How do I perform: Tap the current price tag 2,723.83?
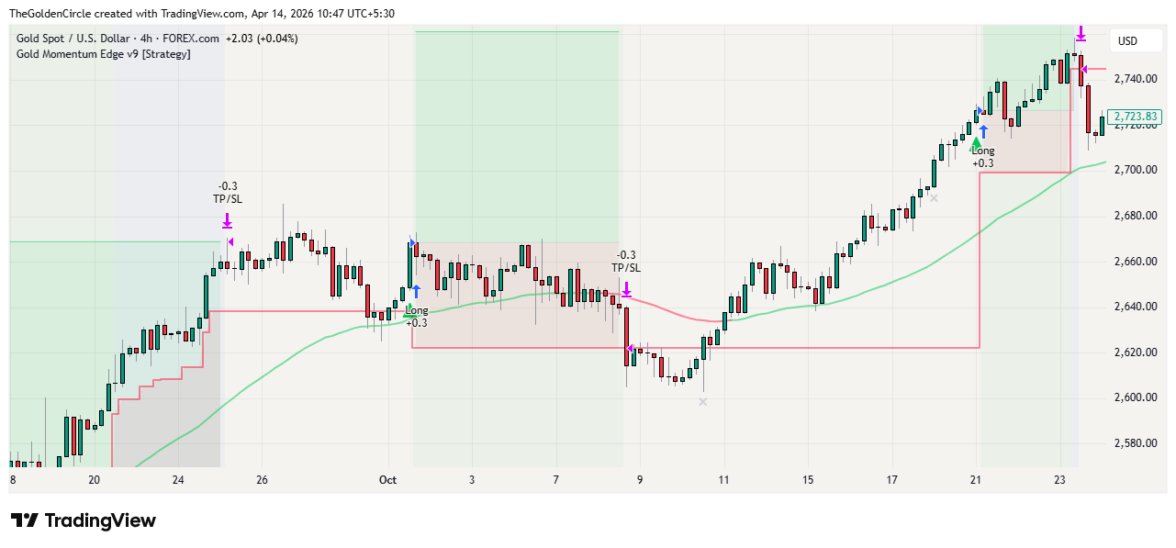point(1136,117)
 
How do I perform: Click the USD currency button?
point(1127,41)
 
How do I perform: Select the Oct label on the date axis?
point(387,480)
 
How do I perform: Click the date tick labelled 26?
point(262,480)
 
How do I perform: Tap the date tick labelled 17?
point(891,480)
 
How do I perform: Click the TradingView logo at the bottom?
point(84,520)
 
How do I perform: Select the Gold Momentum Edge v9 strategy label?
point(103,54)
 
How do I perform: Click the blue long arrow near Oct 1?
point(416,291)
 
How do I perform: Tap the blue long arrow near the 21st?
point(983,131)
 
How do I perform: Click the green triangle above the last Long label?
point(977,142)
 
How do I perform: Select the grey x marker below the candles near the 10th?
point(703,401)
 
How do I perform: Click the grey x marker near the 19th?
point(934,197)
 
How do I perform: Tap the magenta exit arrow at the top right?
point(1081,33)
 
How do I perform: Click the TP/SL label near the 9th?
point(626,268)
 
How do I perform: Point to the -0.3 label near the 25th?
point(228,186)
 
